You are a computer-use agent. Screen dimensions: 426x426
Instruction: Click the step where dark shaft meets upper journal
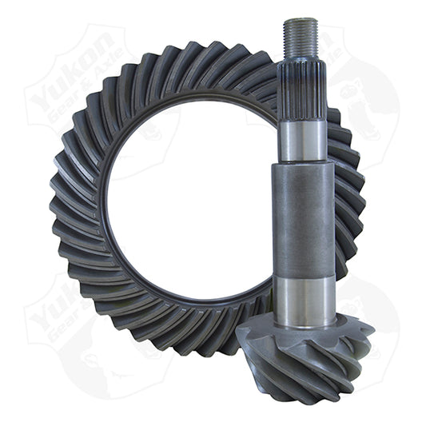point(301,161)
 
